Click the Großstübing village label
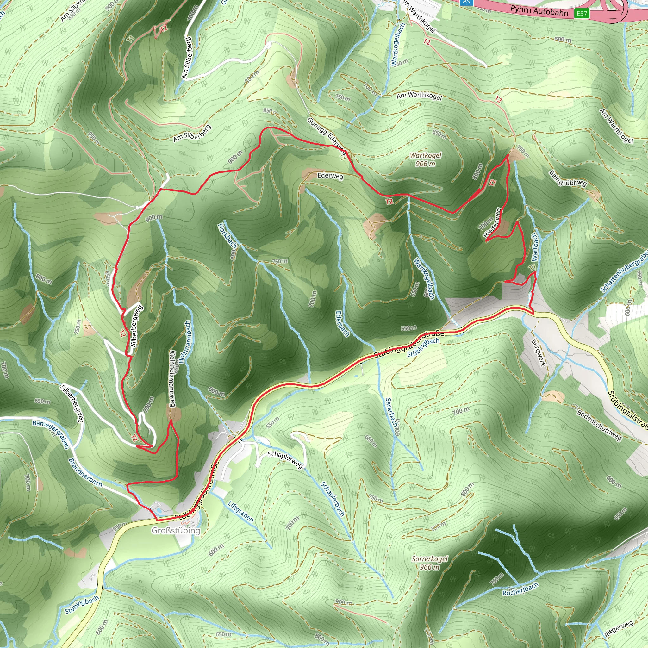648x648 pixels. click(176, 531)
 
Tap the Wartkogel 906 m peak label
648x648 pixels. click(426, 160)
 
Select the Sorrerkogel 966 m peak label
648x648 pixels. click(430, 563)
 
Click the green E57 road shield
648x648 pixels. click(582, 13)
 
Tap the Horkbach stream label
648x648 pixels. click(228, 236)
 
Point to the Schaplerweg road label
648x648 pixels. click(285, 460)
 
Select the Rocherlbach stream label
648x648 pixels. click(520, 589)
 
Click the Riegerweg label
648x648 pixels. click(619, 629)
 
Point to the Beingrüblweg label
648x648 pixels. click(568, 178)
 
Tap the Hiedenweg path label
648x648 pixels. click(493, 222)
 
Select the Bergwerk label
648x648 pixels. click(538, 352)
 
